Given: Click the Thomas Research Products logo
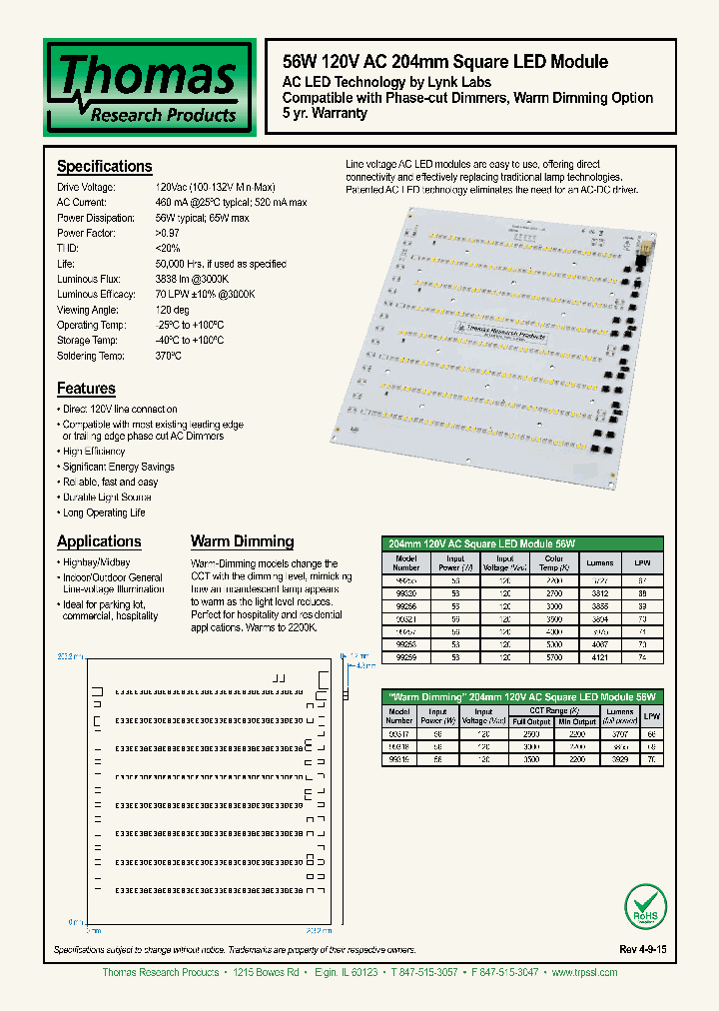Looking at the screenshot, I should point(148,87).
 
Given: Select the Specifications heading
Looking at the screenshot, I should point(104,167).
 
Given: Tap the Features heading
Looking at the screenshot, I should point(86,389).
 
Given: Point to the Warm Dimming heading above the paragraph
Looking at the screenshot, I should point(242,541).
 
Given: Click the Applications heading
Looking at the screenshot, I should point(99,541).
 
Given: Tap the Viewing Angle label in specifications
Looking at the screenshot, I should point(88,310).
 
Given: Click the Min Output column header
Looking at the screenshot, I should point(577,721).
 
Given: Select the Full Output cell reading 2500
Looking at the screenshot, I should point(529,732).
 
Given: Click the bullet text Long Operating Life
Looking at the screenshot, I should point(104,512).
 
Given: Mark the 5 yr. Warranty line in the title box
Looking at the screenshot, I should point(325,113).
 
